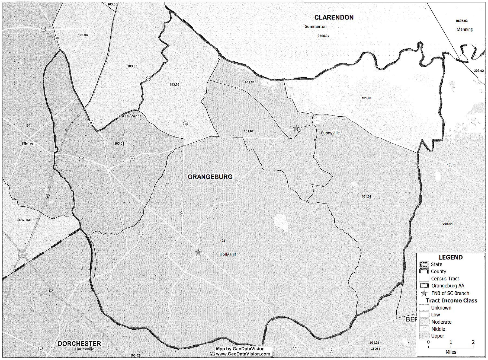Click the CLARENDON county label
(x=334, y=18)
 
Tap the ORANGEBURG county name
(x=210, y=177)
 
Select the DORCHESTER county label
(x=79, y=343)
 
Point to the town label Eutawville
(x=330, y=133)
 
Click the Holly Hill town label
(x=227, y=254)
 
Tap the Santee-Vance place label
(x=129, y=116)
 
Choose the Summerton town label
(x=316, y=27)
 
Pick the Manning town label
(x=464, y=29)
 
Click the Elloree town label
(x=28, y=144)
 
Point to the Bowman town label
(x=24, y=219)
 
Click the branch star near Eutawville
(x=296, y=128)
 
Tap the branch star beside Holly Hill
(x=198, y=253)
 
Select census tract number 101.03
(x=366, y=98)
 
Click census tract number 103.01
(x=119, y=144)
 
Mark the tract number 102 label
(x=223, y=241)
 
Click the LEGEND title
(x=451, y=257)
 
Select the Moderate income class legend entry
(x=441, y=322)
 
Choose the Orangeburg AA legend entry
(x=448, y=286)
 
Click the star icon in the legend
(x=424, y=293)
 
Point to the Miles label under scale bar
(x=451, y=352)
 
